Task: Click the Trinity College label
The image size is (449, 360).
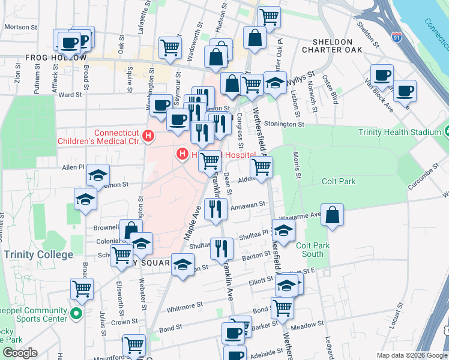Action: coord(38,254)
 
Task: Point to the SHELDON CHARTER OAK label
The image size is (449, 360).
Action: coord(337,46)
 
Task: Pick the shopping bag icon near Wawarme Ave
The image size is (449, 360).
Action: coord(333,215)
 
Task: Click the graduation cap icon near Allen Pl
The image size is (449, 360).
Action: coord(98,175)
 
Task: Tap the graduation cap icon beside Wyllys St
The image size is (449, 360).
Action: coord(275,83)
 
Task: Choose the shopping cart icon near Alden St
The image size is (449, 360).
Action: coord(261,167)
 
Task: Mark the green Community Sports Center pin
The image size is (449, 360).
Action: coord(76,314)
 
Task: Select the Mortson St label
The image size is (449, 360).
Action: coord(20,27)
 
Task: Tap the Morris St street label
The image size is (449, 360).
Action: coord(297,164)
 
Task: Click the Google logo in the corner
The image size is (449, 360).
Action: coord(20,353)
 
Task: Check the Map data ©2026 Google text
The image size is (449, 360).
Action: coord(411,355)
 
